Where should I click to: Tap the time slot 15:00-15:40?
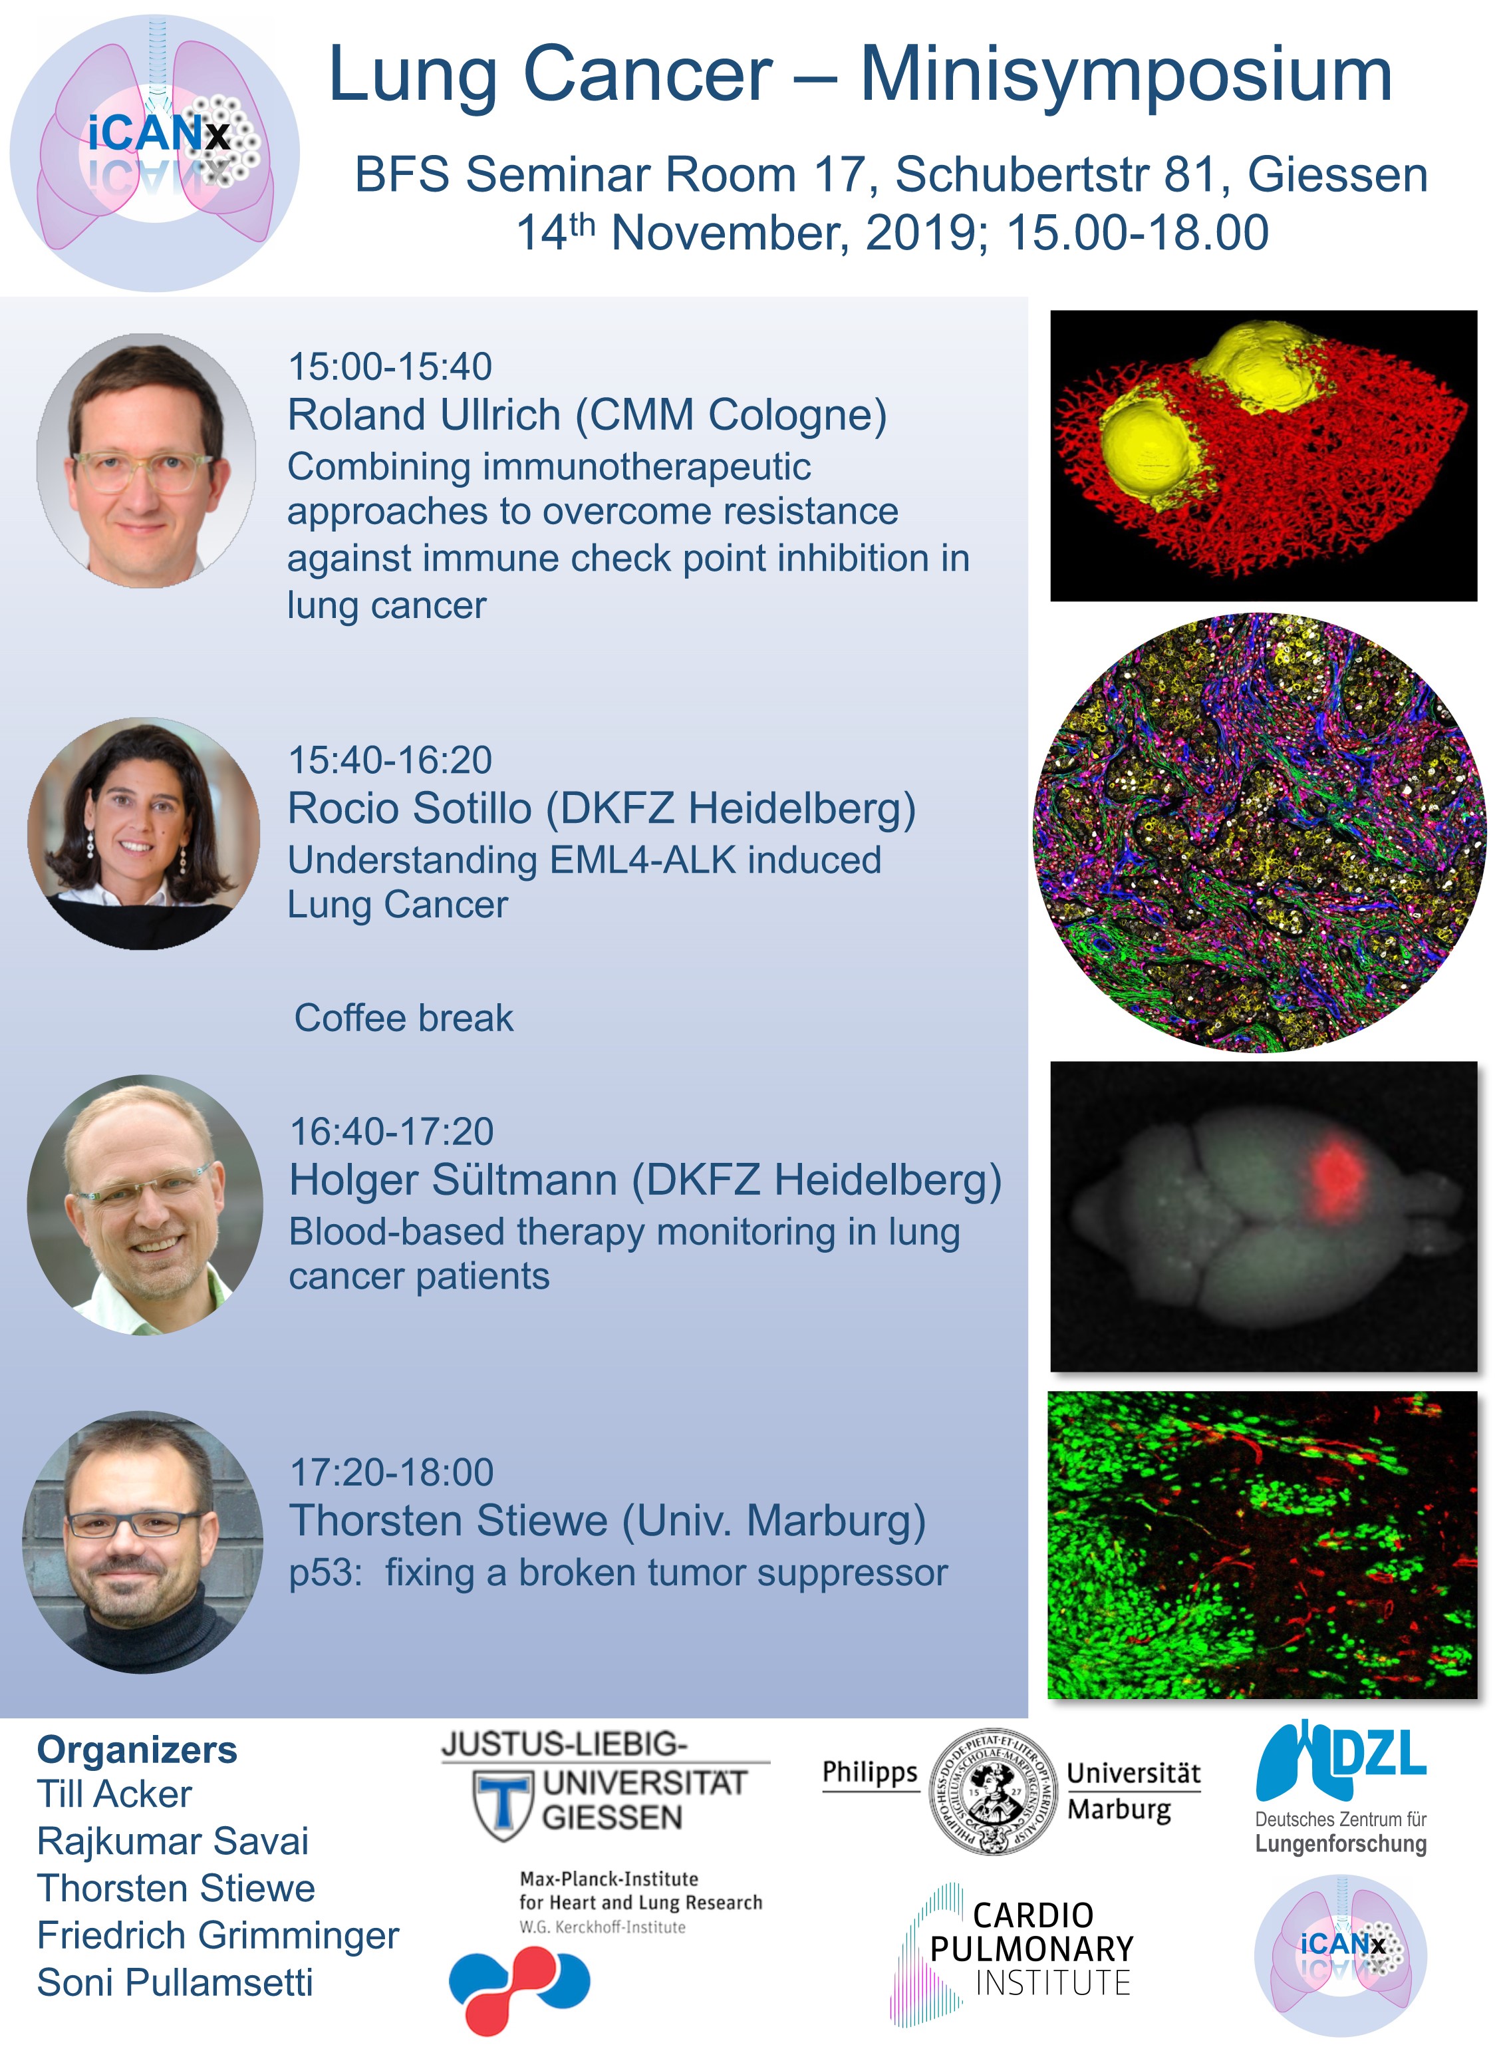point(390,367)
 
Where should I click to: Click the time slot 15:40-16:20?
point(390,760)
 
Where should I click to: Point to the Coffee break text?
point(404,1019)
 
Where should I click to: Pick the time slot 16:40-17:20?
point(392,1132)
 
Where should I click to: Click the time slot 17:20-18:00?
point(392,1472)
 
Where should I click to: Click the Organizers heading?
point(137,1750)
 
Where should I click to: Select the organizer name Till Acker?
point(114,1794)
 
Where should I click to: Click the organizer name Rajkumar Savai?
point(172,1841)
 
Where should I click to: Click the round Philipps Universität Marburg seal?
point(994,1792)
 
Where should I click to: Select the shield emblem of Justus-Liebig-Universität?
point(503,1807)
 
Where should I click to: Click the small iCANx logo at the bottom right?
point(1340,1957)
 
